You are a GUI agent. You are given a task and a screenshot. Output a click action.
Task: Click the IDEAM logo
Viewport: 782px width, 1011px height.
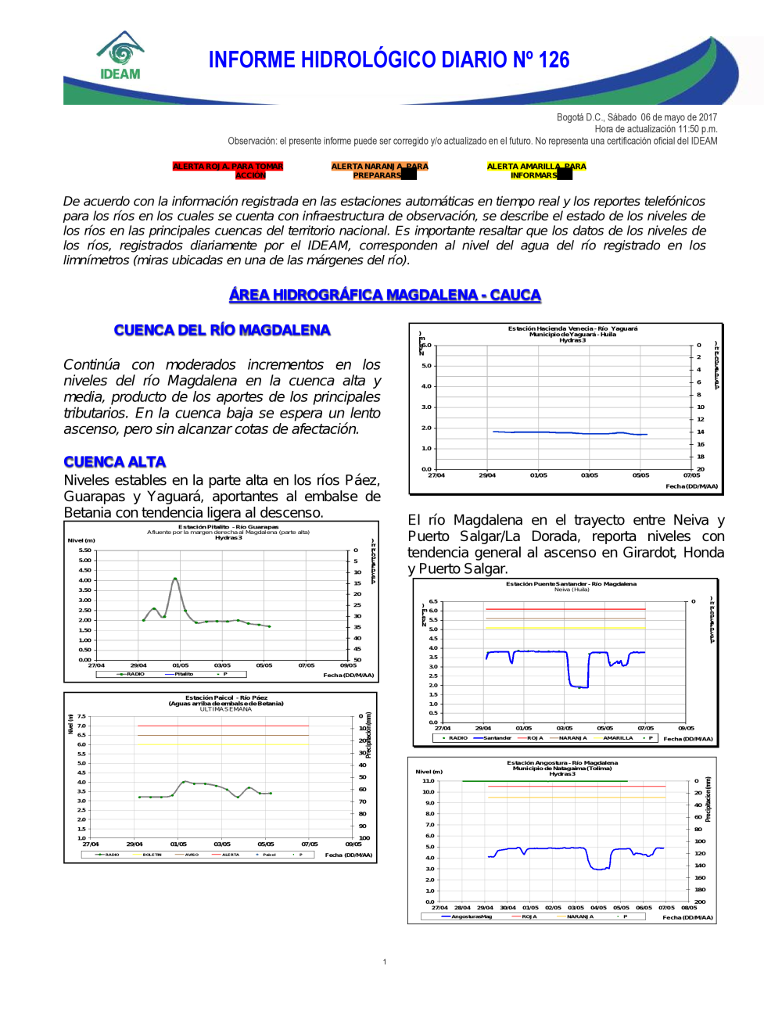[x=120, y=56]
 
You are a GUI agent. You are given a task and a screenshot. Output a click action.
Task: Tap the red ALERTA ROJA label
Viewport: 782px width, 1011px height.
[x=228, y=170]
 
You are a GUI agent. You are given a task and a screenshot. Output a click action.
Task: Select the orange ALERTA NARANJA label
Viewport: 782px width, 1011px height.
[x=379, y=170]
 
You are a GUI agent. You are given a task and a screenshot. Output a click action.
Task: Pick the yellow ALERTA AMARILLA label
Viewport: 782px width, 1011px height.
[x=536, y=170]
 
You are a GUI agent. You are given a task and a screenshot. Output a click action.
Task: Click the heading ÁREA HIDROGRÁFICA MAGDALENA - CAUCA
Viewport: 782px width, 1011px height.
[x=385, y=295]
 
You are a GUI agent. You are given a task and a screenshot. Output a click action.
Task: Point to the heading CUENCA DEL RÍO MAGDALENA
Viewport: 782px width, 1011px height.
[x=222, y=330]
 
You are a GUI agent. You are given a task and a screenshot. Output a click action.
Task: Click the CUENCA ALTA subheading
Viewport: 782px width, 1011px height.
[x=115, y=462]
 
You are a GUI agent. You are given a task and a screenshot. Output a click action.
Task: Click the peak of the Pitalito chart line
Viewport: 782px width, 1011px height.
[x=175, y=579]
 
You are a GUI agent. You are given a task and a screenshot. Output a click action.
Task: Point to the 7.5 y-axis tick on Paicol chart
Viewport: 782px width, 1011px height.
[x=81, y=716]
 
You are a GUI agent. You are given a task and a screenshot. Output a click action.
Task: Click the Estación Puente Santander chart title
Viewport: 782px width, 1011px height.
[x=571, y=584]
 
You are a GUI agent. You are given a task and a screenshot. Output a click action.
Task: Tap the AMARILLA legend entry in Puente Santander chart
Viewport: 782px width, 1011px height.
[x=617, y=738]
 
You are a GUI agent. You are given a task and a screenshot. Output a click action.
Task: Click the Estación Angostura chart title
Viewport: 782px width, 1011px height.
[x=562, y=763]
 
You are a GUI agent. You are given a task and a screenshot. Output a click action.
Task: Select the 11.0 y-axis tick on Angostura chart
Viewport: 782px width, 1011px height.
[x=429, y=781]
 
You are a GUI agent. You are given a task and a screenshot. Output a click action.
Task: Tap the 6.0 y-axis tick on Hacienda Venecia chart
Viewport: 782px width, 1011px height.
[x=426, y=345]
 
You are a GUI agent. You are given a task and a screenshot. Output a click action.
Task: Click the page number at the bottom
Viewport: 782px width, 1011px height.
[x=385, y=962]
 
